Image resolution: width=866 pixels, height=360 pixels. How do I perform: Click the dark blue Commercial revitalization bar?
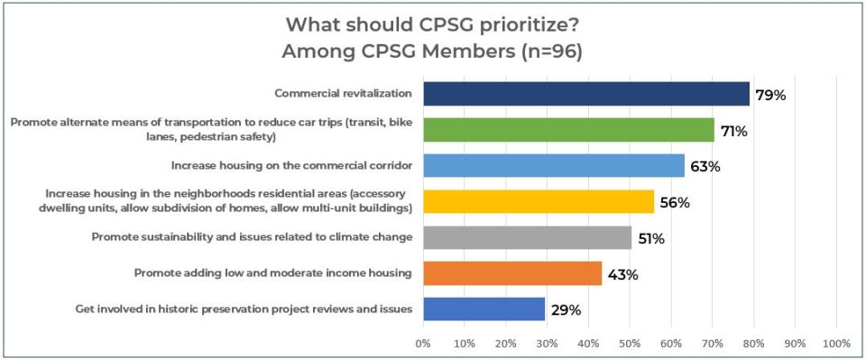click(585, 94)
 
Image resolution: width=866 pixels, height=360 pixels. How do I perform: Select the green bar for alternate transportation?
click(568, 130)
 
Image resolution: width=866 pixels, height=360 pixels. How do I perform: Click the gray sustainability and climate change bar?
click(527, 237)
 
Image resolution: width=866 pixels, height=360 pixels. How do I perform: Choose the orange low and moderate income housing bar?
click(511, 273)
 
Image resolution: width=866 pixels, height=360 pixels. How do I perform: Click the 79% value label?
click(771, 96)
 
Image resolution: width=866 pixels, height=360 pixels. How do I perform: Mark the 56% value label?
click(674, 203)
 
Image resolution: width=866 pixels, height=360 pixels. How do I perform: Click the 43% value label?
click(622, 275)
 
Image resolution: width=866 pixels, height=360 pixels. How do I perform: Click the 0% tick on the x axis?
click(422, 344)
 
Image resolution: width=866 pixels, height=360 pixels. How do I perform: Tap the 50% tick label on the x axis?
click(630, 344)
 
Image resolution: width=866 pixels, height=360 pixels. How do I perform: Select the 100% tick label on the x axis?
click(836, 344)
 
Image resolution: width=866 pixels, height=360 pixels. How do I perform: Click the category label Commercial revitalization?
click(343, 93)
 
